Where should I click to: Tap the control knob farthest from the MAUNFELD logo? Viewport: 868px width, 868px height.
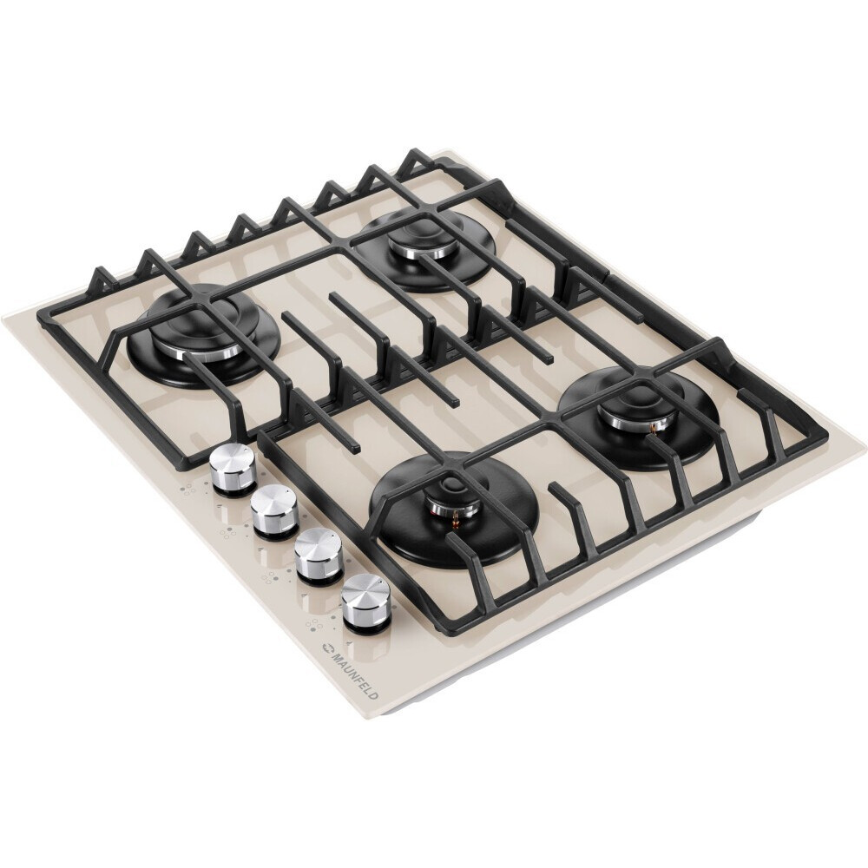(233, 468)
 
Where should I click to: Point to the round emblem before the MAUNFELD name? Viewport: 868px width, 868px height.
(326, 648)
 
